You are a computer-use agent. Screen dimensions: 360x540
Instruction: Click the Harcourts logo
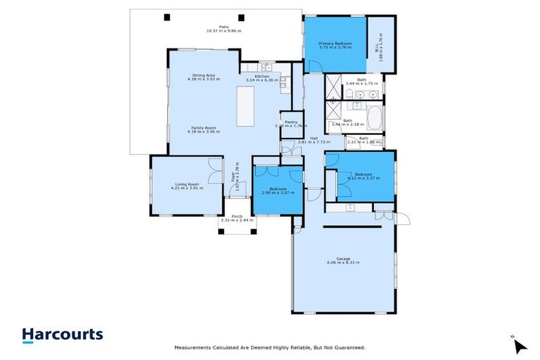point(63,336)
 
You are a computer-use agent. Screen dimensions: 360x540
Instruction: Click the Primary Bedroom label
point(335,44)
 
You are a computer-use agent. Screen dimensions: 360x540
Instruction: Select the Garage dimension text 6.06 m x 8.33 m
point(343,262)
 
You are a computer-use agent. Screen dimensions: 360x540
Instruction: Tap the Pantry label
point(290,122)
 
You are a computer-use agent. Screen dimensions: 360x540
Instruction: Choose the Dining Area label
point(204,75)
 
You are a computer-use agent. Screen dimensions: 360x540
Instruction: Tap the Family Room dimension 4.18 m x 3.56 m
point(204,131)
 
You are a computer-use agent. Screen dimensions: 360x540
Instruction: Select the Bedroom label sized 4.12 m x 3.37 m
point(364,174)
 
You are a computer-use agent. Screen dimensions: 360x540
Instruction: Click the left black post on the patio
point(167,16)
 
